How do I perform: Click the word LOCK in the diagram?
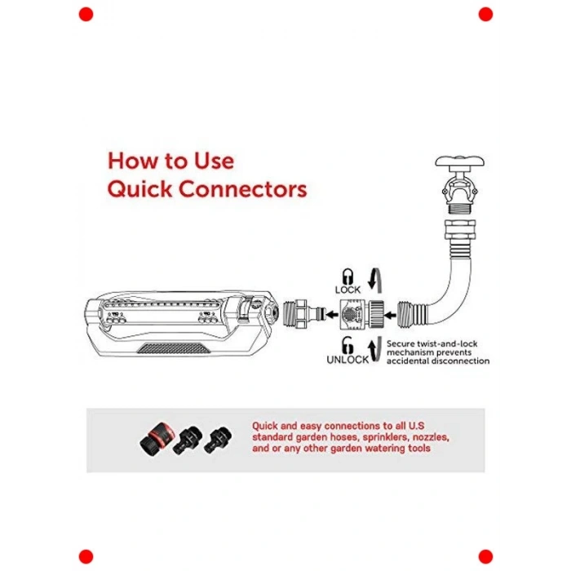click(347, 290)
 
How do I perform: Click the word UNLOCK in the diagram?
click(347, 360)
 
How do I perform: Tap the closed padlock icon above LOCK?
click(347, 277)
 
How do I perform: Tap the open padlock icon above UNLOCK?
click(347, 345)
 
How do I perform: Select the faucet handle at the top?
click(459, 162)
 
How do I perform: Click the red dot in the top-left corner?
click(86, 14)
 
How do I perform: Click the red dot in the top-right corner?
click(485, 14)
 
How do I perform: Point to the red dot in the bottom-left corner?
click(86, 557)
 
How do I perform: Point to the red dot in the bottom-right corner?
click(485, 557)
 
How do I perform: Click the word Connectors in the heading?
click(242, 189)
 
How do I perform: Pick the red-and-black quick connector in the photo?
click(157, 439)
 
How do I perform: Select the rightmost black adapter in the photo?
click(218, 440)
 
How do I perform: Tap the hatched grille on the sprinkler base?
click(174, 348)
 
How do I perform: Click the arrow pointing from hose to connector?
click(391, 315)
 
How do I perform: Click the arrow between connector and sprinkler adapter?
click(331, 314)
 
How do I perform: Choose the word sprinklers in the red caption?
click(386, 437)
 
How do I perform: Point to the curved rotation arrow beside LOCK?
click(375, 281)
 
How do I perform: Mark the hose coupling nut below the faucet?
click(460, 228)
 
